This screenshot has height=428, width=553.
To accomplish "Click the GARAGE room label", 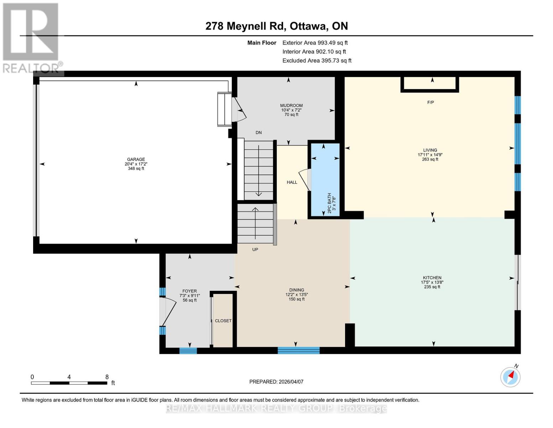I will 136,159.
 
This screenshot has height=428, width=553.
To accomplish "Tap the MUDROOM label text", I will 291,106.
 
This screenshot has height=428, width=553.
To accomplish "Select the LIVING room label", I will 430,150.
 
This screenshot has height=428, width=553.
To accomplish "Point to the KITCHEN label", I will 432,278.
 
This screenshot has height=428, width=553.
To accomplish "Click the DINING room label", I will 296,290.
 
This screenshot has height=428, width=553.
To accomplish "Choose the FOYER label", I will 189,291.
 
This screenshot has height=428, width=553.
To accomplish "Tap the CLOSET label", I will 223,321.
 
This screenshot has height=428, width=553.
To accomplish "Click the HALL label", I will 292,182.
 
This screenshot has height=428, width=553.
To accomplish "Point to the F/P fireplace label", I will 431,102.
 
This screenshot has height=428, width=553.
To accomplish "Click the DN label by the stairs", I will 259,132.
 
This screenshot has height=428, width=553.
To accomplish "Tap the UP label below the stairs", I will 255,250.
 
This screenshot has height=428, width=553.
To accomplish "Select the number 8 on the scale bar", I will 107,377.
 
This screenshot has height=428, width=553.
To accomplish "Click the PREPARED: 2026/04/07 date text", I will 276,382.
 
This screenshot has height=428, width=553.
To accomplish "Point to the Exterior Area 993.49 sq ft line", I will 315,42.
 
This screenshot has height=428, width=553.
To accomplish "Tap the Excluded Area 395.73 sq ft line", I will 317,61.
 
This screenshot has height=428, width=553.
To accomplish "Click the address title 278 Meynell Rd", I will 246,26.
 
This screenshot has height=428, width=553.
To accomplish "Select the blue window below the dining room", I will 298,350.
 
